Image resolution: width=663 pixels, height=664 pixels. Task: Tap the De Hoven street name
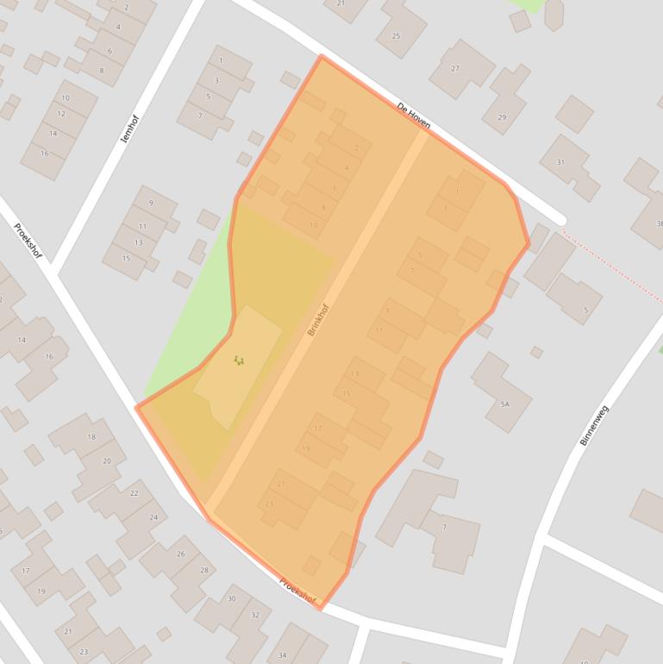[413, 116]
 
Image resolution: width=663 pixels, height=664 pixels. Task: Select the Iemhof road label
[128, 128]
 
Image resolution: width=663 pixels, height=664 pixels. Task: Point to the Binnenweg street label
[594, 425]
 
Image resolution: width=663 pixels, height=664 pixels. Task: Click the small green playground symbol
[239, 360]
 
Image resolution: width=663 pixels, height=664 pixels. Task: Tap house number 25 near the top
[396, 35]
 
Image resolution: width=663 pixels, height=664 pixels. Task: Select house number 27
[455, 68]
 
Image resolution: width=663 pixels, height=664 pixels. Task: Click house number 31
[560, 162]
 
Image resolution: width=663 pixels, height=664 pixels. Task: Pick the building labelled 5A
[504, 404]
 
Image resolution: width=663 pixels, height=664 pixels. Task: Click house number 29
[501, 116]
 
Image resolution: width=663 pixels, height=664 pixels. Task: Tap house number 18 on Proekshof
[91, 437]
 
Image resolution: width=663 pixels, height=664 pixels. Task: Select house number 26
[180, 554]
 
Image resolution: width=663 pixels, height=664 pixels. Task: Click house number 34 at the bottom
[282, 655]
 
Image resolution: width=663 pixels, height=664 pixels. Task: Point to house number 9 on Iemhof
[151, 204]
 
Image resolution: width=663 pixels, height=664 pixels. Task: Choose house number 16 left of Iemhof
[44, 153]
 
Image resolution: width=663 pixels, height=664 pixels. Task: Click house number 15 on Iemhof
[126, 258]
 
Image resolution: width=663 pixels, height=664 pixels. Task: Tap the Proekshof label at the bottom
[297, 591]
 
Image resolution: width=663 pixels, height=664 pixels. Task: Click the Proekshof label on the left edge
[28, 241]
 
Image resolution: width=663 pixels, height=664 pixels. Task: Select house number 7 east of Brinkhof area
[445, 527]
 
